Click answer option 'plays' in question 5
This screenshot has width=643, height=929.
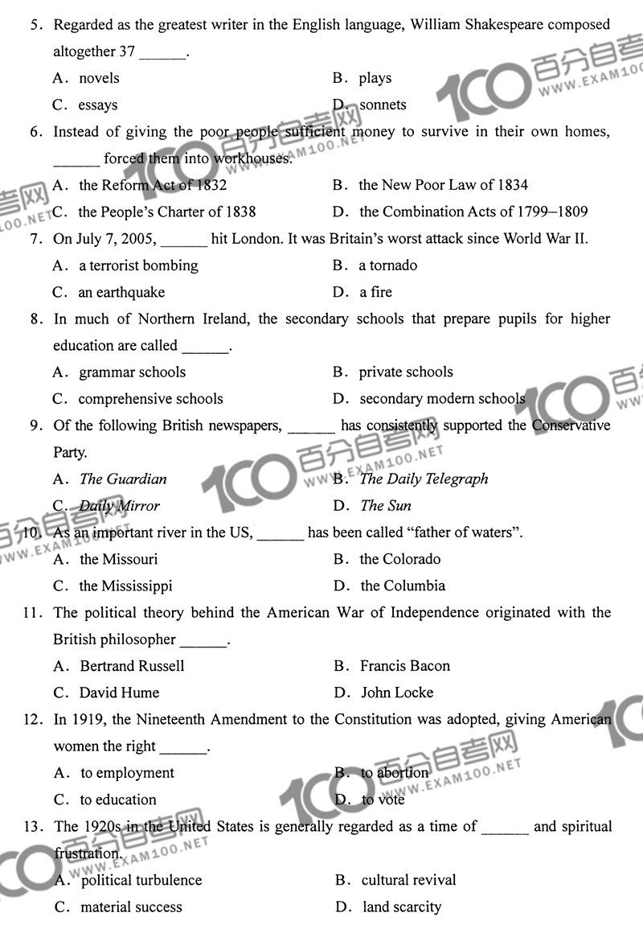coord(375,78)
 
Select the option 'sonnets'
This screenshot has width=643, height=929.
coord(383,105)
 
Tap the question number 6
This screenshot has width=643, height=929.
coord(35,132)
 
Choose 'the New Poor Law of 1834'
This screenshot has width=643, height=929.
coord(443,185)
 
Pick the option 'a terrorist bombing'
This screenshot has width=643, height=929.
coord(138,265)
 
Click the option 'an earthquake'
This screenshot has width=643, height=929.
coord(121,292)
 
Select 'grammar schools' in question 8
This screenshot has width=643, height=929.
coord(132,372)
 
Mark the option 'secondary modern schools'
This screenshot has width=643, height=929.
coord(442,399)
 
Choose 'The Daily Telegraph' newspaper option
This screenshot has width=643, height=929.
coord(424,479)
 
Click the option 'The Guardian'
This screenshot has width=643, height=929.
coord(123,479)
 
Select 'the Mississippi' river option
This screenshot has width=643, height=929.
coord(125,586)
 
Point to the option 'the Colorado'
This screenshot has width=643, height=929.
coord(400,559)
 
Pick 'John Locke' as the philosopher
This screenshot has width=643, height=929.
coord(397,693)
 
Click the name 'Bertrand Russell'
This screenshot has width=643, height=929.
coord(132,666)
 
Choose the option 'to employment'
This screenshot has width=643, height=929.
coord(127,773)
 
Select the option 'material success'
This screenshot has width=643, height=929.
coord(131,907)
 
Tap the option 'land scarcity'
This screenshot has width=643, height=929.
coord(402,907)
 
